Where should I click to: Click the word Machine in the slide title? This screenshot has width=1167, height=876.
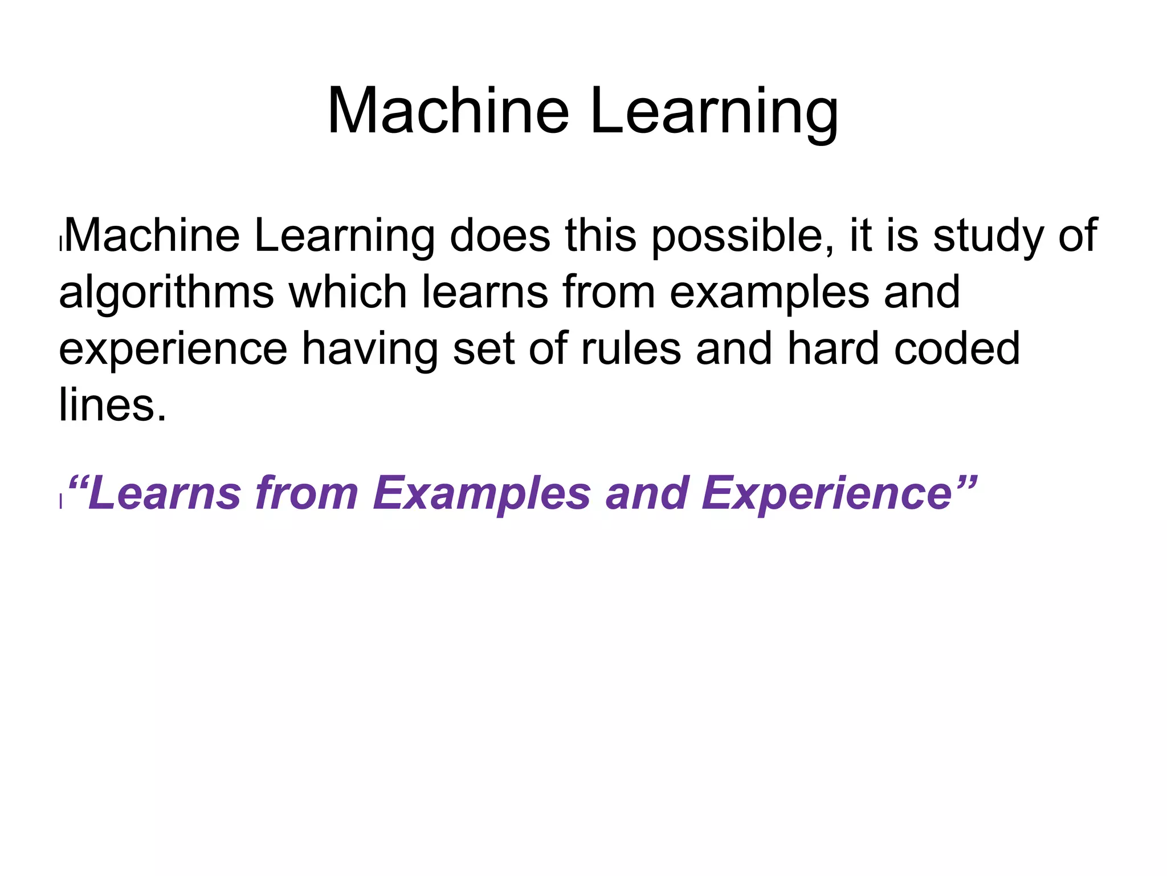click(x=448, y=111)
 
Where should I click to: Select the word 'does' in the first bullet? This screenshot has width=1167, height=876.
click(x=500, y=236)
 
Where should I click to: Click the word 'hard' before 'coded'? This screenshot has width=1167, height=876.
click(x=833, y=348)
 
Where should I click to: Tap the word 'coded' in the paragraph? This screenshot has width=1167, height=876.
click(x=957, y=348)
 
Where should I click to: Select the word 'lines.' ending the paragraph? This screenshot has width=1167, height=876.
click(x=113, y=405)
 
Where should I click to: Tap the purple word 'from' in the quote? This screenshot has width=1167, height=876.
click(x=306, y=493)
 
